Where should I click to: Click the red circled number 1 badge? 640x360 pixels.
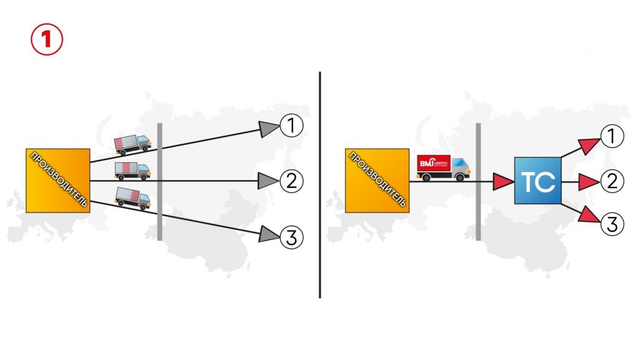pos(47,39)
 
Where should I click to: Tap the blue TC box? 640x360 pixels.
pos(538,181)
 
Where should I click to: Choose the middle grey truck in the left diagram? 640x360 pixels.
pos(132,170)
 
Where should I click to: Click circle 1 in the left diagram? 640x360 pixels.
pos(291,126)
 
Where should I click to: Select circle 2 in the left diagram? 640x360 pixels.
pos(291,181)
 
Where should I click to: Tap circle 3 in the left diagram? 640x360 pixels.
pos(291,236)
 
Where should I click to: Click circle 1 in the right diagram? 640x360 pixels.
pos(612,136)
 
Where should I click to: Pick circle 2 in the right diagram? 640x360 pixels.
pos(612,181)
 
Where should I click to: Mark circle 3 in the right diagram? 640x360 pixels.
pos(612,224)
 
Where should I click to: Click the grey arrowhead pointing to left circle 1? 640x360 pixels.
pos(269,129)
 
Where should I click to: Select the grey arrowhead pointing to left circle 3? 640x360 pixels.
pos(269,234)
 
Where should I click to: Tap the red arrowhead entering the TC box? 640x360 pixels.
pos(502,182)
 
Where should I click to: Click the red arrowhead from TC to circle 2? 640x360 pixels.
pos(588,182)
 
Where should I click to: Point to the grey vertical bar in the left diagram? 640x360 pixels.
pos(160,181)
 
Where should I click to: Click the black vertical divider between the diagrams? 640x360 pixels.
pos(320,184)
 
